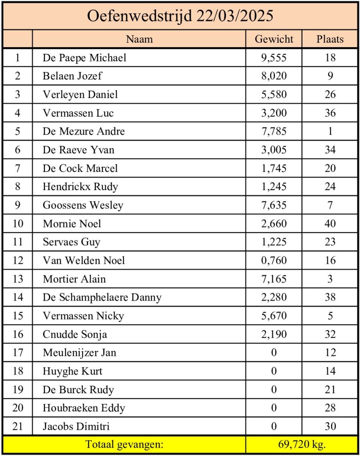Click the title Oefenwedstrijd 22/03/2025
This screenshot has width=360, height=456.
180,16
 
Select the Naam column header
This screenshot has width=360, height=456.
139,39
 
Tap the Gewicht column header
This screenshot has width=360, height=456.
274,39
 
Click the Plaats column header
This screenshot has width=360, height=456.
330,39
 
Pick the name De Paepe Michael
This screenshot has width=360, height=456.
85,57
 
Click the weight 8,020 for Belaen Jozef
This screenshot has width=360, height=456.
274,76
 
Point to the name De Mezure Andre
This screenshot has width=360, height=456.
84,131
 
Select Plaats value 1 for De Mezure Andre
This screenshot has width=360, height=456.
330,131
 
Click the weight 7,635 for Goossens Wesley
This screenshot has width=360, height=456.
274,205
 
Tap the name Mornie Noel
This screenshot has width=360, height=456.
72,224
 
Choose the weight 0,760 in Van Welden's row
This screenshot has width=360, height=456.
274,261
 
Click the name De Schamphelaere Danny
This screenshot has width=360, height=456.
102,297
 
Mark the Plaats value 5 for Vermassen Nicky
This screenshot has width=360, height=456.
330,316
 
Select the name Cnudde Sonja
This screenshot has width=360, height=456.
75,334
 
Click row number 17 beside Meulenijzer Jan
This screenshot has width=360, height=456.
18,353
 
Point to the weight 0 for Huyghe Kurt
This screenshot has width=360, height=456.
274,371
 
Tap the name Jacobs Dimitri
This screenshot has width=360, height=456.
76,427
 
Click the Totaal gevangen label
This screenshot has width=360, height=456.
124,444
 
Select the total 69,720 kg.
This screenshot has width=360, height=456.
302,444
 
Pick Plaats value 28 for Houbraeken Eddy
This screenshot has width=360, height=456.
330,408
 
